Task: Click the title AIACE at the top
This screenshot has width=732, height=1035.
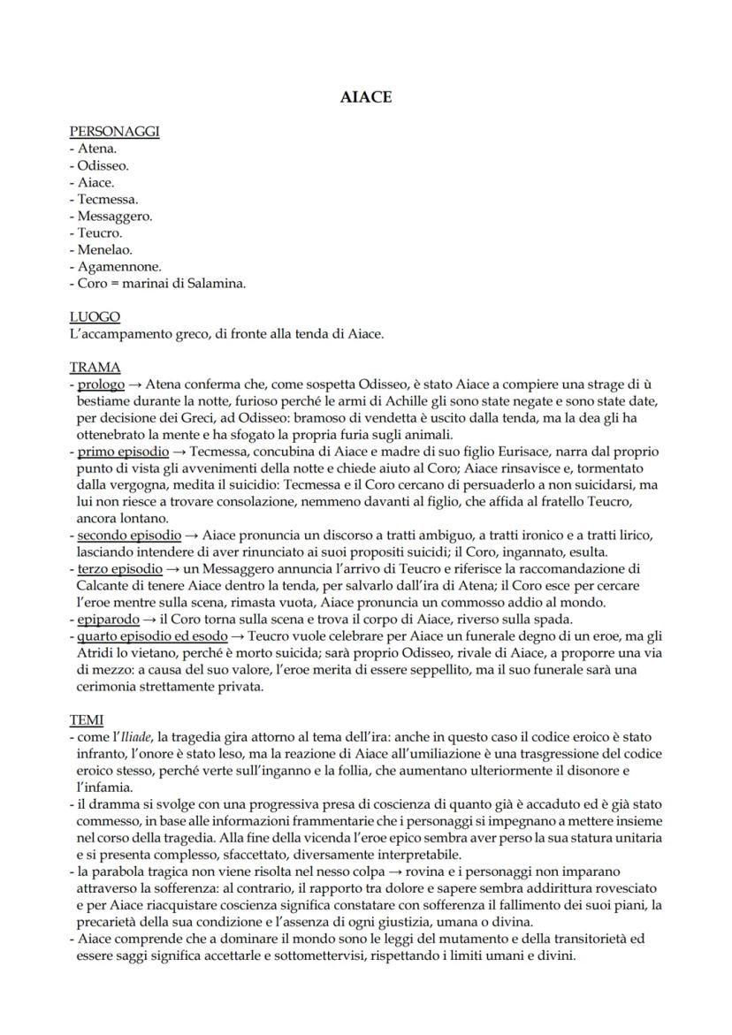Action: [x=365, y=97]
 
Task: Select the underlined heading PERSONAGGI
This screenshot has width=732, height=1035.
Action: [x=114, y=132]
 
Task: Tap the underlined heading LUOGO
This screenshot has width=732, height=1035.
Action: [x=95, y=316]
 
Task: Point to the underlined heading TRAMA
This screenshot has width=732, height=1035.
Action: [x=95, y=367]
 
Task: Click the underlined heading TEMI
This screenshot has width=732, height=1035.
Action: [x=88, y=720]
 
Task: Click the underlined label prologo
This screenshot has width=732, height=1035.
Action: [x=101, y=384]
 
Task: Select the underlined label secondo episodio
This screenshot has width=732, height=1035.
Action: [x=128, y=536]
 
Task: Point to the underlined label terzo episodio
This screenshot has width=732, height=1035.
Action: [x=120, y=569]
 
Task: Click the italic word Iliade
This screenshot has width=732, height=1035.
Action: [x=137, y=738]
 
